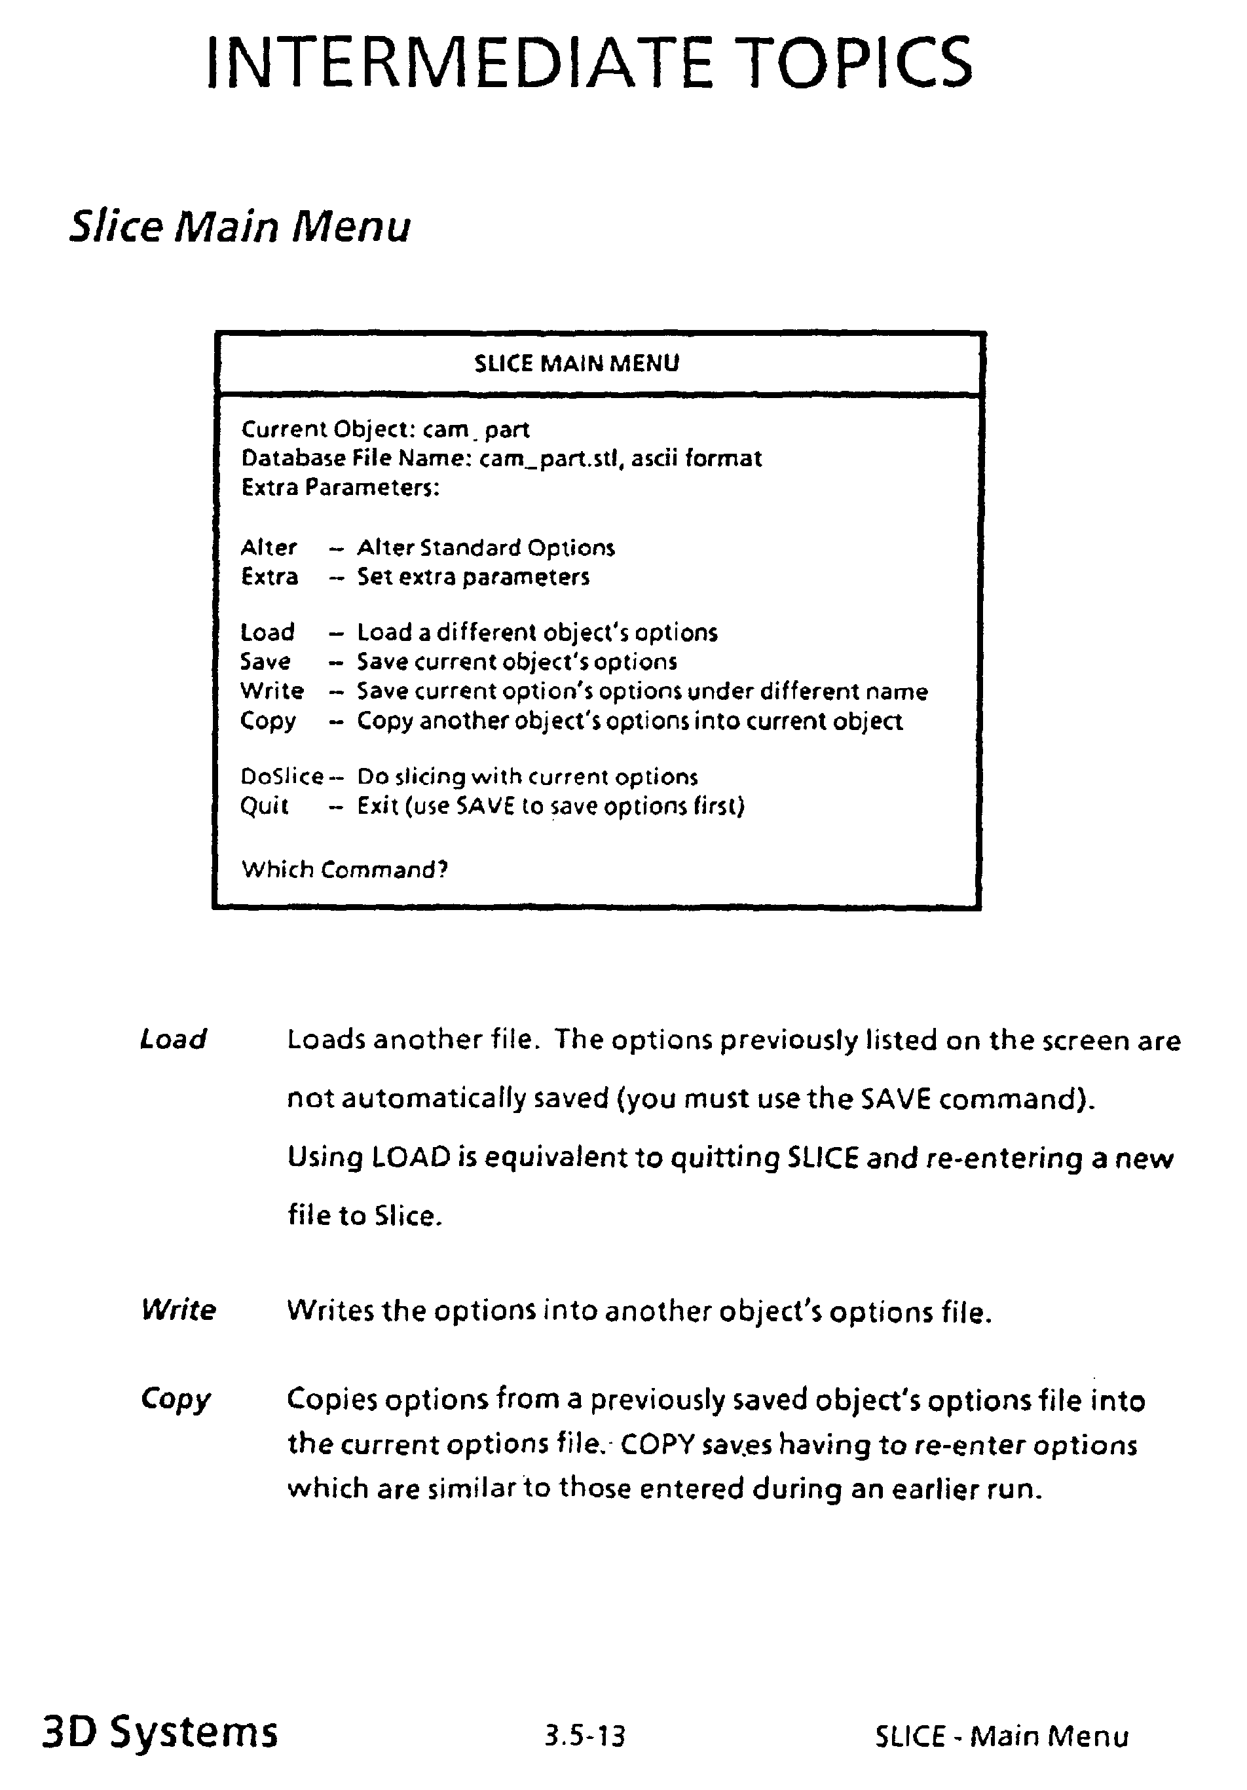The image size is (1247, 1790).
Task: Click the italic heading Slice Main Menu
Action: [240, 227]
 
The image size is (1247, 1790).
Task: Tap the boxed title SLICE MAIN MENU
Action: [576, 363]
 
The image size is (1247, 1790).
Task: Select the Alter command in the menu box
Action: [269, 547]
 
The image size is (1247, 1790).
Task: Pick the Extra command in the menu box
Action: [269, 577]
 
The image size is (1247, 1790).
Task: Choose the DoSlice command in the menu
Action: [281, 776]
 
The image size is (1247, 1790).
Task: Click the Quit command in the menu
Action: [265, 805]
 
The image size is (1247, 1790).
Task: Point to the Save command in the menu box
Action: [265, 661]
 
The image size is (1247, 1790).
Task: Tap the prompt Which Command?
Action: [344, 869]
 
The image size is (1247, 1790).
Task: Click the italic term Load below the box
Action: [173, 1039]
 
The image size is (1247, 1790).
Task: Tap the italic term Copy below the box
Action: [176, 1399]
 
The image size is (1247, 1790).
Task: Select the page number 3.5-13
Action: [585, 1736]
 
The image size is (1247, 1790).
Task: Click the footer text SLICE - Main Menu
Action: [1001, 1736]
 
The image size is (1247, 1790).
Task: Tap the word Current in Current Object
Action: [283, 429]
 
